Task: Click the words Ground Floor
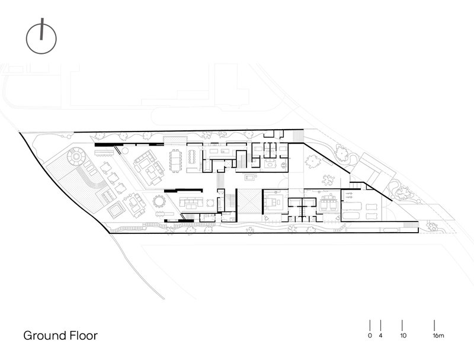click(x=60, y=336)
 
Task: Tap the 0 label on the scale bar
click(x=370, y=336)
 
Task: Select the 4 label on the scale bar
click(x=380, y=336)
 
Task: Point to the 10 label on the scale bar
click(x=403, y=336)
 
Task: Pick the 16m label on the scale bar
click(x=438, y=336)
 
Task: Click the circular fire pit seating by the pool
click(x=76, y=156)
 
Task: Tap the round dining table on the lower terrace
click(x=159, y=201)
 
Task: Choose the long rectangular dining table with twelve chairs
click(x=175, y=160)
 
